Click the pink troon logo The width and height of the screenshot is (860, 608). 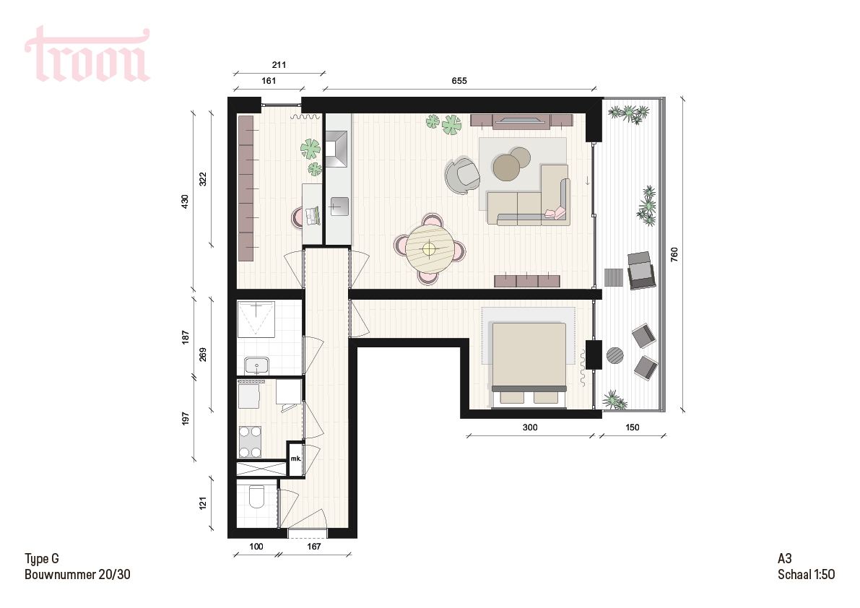pyautogui.click(x=87, y=54)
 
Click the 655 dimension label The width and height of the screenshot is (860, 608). pyautogui.click(x=459, y=81)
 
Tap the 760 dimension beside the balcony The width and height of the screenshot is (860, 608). pyautogui.click(x=674, y=254)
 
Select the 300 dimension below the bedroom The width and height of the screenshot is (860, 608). pyautogui.click(x=530, y=427)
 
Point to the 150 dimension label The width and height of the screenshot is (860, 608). pyautogui.click(x=632, y=427)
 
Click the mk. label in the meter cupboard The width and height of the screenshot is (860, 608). pyautogui.click(x=295, y=459)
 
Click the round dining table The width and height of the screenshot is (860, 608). pyautogui.click(x=429, y=249)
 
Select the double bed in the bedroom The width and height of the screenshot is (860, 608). pyautogui.click(x=529, y=365)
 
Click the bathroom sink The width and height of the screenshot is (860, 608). pyautogui.click(x=256, y=365)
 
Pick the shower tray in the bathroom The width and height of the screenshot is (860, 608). pyautogui.click(x=256, y=319)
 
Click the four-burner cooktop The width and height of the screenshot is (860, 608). pyautogui.click(x=250, y=441)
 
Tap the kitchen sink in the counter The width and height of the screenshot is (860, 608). pyautogui.click(x=339, y=206)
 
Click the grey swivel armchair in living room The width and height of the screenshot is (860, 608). pyautogui.click(x=462, y=175)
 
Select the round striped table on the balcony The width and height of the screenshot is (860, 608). pyautogui.click(x=615, y=355)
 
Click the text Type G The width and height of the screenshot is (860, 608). pyautogui.click(x=42, y=559)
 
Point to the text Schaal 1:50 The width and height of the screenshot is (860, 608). pyautogui.click(x=807, y=574)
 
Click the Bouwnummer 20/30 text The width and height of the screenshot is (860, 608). pyautogui.click(x=77, y=574)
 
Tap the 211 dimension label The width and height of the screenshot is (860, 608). pyautogui.click(x=279, y=65)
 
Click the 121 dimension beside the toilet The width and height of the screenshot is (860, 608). pyautogui.click(x=203, y=503)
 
